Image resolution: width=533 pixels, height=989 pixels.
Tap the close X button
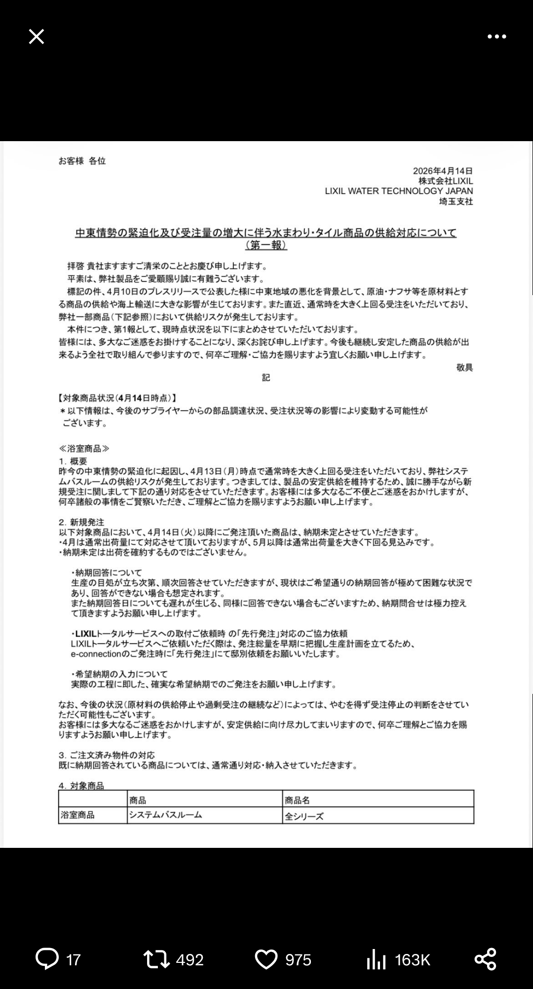(37, 37)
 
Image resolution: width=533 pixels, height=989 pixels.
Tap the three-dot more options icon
(496, 37)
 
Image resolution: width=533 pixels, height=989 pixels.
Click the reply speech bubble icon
(47, 959)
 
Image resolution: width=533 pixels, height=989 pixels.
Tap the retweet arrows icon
(156, 959)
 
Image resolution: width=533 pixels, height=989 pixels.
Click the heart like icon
(266, 959)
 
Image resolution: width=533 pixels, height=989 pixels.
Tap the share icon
(485, 959)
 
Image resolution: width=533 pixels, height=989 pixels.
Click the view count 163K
(412, 959)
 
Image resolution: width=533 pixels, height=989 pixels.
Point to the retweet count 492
(190, 959)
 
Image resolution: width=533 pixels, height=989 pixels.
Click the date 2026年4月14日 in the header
(443, 171)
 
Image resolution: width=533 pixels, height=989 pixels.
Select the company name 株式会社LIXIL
(446, 181)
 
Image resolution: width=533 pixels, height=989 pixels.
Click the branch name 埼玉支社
(456, 201)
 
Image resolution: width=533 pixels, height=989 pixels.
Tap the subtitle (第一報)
(266, 245)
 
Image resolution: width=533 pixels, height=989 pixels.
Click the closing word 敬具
(464, 367)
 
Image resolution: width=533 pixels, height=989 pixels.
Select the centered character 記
(266, 378)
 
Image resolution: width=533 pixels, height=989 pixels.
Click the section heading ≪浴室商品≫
(84, 449)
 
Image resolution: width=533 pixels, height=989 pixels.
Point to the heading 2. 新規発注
(81, 522)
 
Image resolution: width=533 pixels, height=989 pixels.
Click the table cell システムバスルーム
(166, 815)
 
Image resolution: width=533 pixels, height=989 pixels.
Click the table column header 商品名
(297, 800)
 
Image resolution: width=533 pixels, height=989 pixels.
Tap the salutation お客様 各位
(82, 161)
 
